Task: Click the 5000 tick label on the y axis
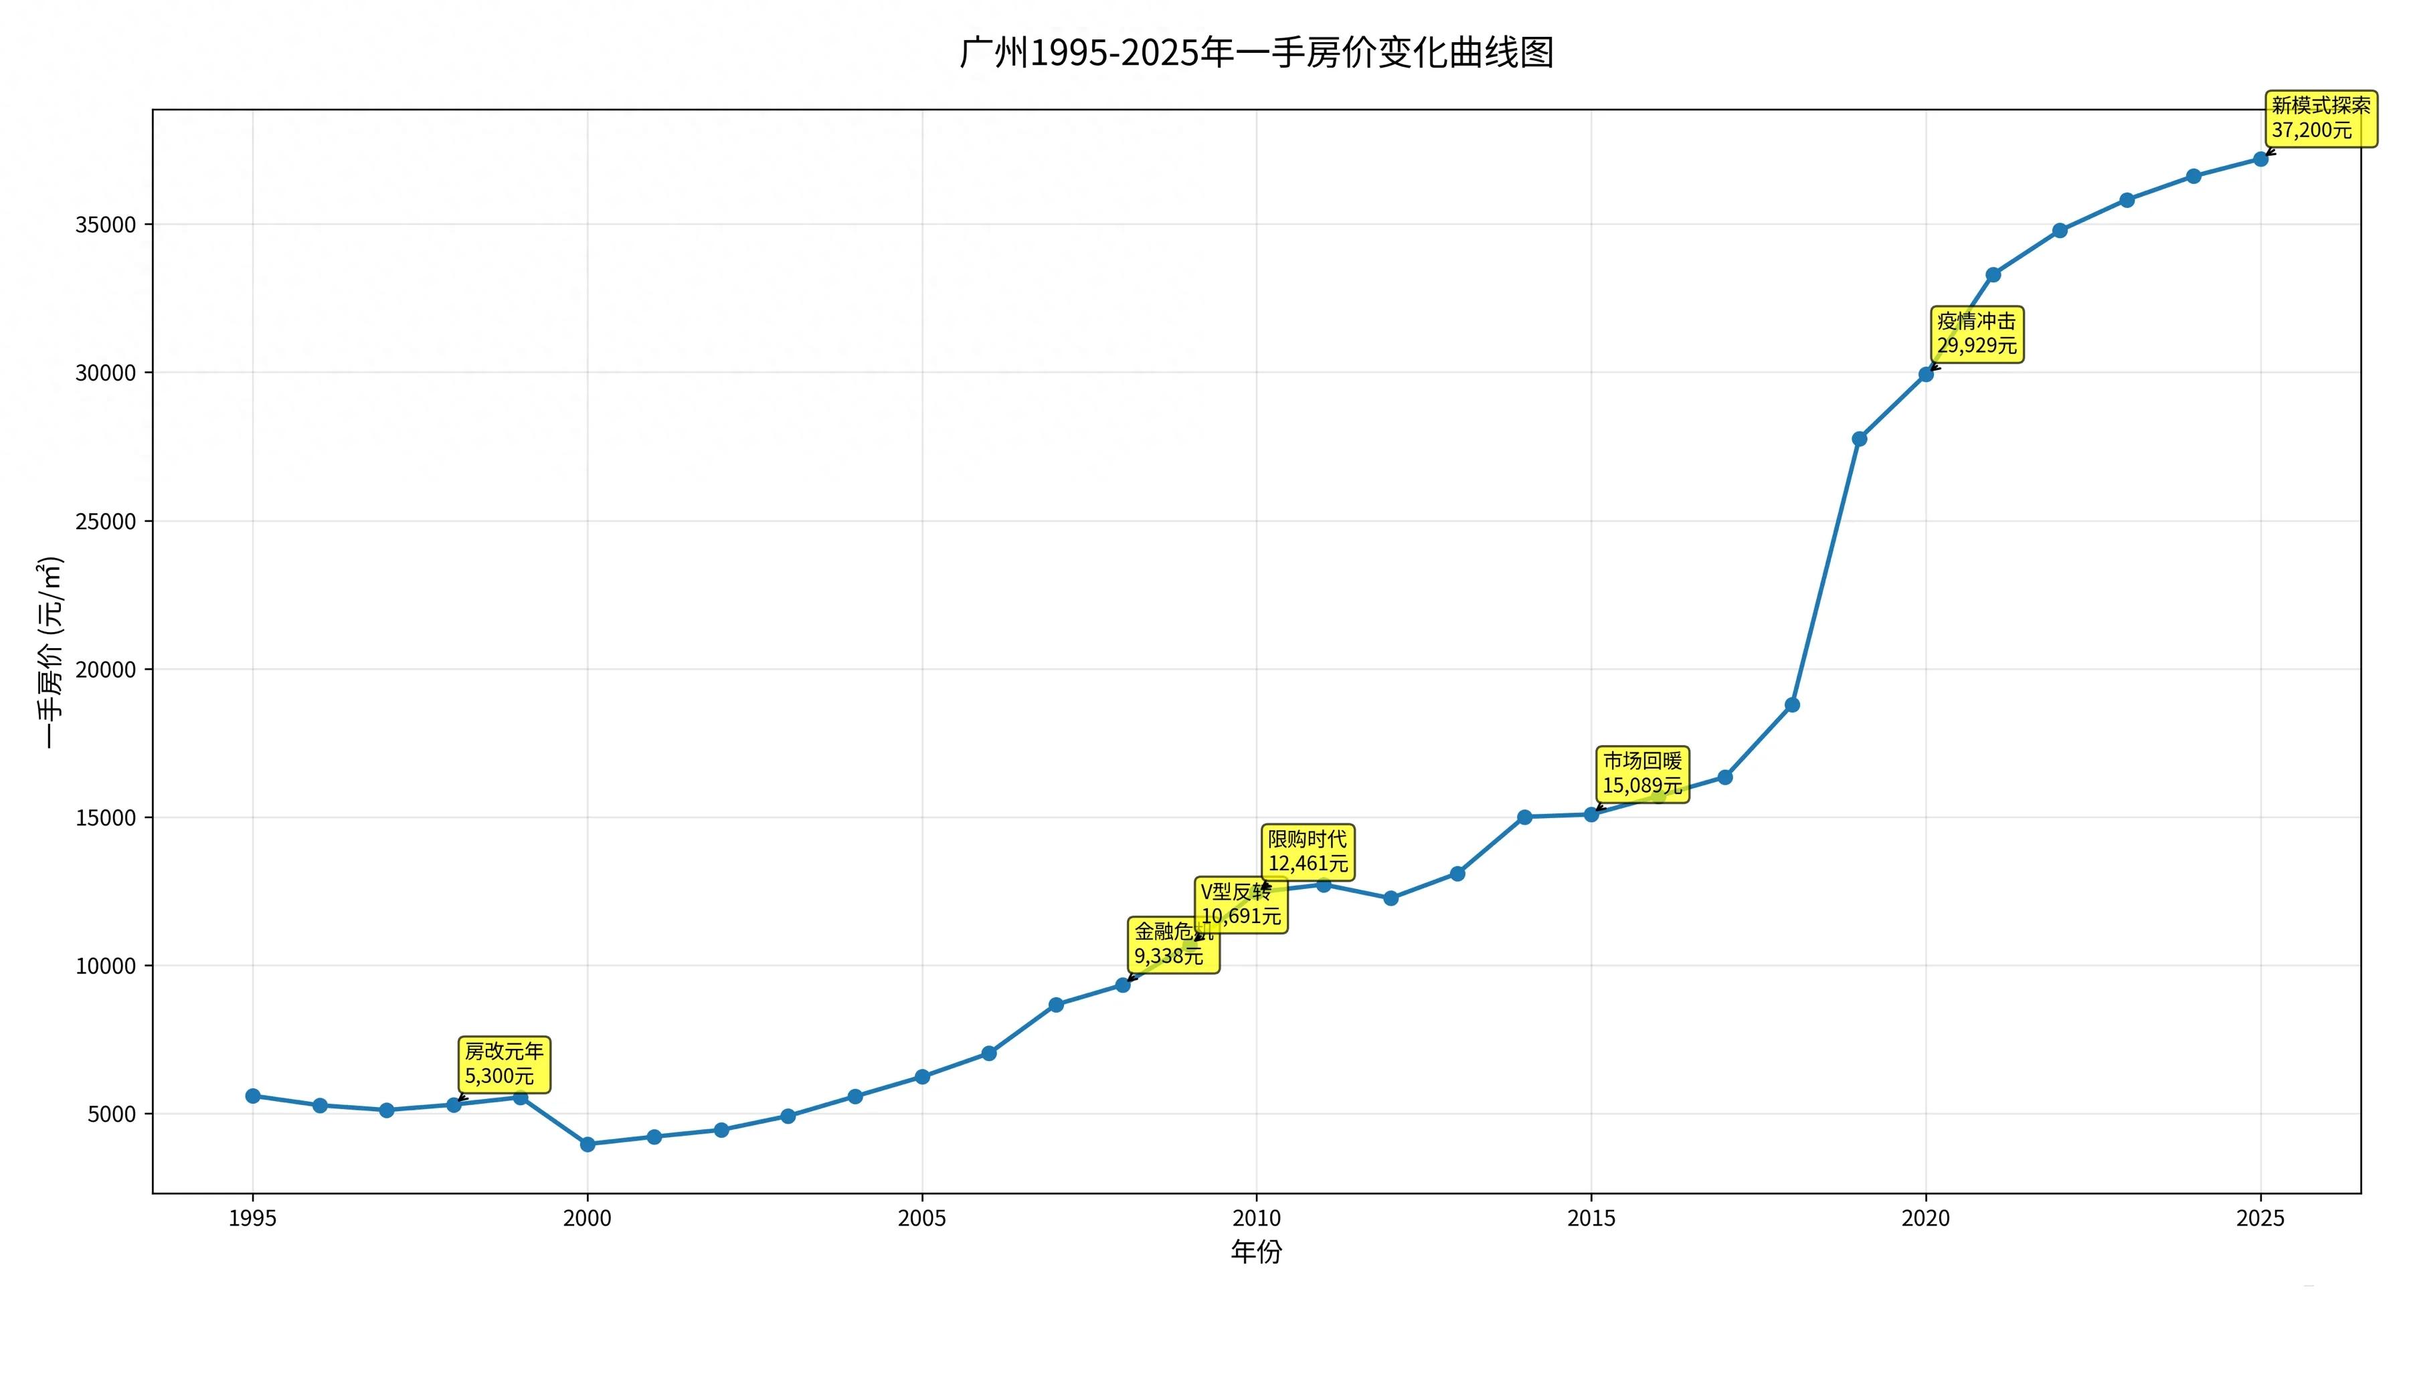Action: (112, 1115)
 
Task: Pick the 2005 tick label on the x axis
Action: (921, 1219)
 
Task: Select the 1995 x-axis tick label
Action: (252, 1219)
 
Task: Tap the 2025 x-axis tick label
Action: (2260, 1219)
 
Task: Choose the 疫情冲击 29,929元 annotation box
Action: (1977, 334)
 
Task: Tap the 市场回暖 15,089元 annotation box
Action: (1641, 774)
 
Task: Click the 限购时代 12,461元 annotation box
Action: (1307, 852)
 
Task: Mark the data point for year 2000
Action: (588, 1145)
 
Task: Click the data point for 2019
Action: (1859, 439)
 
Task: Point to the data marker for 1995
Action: (253, 1096)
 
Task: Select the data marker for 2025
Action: (2260, 159)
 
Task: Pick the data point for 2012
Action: (1391, 898)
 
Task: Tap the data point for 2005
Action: (922, 1077)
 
